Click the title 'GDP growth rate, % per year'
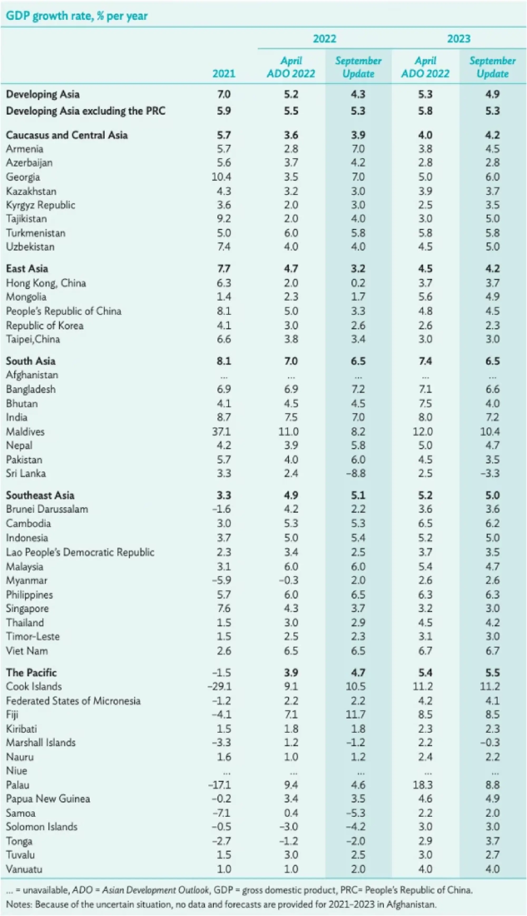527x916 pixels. tap(77, 16)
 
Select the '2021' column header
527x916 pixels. tap(224, 74)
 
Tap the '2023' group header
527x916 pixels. tap(458, 39)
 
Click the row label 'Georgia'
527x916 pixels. tap(23, 177)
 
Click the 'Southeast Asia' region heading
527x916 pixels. tap(40, 495)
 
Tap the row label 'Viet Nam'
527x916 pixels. tap(27, 651)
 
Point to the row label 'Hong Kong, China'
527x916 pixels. tap(46, 283)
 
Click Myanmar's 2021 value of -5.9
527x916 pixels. tap(222, 580)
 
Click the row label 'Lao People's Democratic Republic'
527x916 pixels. tap(80, 552)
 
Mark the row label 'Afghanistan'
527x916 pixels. tap(32, 375)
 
